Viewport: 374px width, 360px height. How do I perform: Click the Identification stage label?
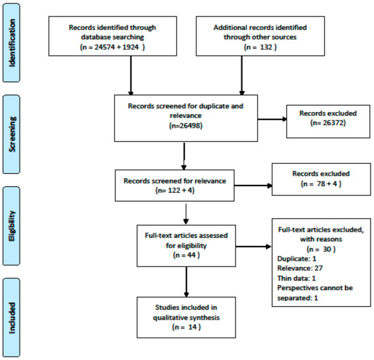point(12,43)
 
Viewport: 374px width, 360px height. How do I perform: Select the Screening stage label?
point(12,134)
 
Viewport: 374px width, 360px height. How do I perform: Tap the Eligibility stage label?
point(12,226)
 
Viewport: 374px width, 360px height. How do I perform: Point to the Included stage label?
point(12,318)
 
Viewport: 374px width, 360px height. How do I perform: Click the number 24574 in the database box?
point(105,47)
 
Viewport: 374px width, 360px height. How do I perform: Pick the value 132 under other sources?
point(266,47)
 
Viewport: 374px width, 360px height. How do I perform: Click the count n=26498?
point(186,126)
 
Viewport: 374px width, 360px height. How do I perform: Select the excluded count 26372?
point(333,123)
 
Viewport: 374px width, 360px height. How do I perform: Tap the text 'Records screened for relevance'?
point(175,181)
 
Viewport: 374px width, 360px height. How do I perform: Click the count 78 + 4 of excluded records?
point(327,183)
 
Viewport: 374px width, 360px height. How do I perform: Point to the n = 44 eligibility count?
point(186,255)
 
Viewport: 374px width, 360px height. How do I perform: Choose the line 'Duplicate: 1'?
point(296,259)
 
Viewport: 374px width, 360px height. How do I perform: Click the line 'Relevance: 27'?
point(300,268)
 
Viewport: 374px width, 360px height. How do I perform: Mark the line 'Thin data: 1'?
point(296,278)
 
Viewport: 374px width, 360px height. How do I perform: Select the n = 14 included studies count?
point(186,327)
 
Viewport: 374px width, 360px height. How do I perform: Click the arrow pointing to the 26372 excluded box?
point(272,119)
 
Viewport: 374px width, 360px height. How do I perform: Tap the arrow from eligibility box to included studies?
point(186,282)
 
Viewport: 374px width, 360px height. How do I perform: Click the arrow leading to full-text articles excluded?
point(254,247)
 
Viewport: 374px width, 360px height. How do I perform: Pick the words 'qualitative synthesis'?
point(186,318)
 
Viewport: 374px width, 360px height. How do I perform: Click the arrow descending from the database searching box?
point(131,75)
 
